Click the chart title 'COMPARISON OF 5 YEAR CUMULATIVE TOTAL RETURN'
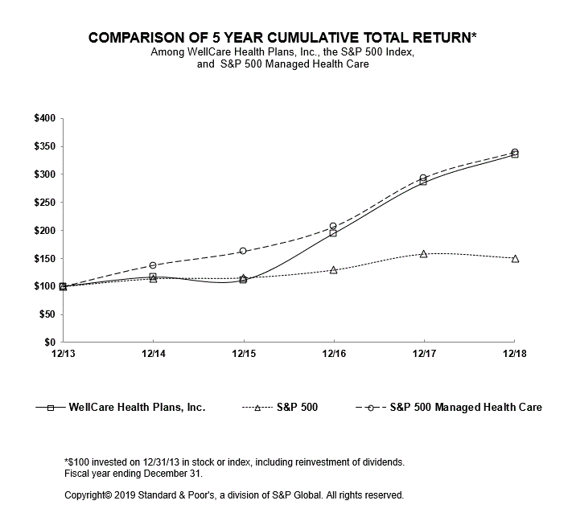coord(283,38)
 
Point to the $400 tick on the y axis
coord(44,118)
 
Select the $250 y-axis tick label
coord(44,203)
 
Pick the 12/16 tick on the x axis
coord(334,352)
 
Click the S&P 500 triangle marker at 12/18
coord(515,258)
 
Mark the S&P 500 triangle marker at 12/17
coord(424,253)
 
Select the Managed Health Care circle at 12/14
coord(153,265)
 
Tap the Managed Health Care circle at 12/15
coord(243,251)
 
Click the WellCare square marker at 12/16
coord(334,232)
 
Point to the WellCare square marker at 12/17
coord(424,182)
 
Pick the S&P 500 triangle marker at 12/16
coord(334,270)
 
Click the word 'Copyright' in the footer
coord(86,495)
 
